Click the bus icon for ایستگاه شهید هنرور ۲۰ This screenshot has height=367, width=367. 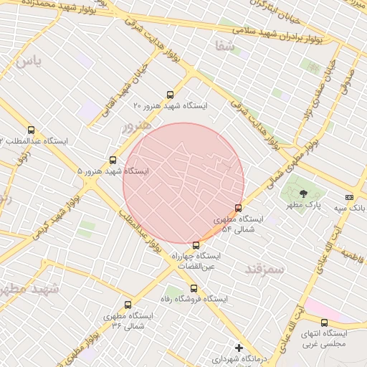[x=170, y=94]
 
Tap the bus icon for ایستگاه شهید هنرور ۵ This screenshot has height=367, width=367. [x=113, y=160]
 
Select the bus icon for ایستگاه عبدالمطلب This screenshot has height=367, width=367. [x=30, y=130]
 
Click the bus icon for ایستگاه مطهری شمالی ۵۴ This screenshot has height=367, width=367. [x=239, y=208]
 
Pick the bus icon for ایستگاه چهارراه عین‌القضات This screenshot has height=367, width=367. [x=196, y=245]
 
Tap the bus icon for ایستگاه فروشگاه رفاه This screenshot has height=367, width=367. [x=194, y=288]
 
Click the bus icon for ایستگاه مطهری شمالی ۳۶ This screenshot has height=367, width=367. [x=128, y=305]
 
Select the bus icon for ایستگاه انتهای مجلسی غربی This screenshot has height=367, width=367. [x=324, y=323]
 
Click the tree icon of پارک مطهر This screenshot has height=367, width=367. [x=302, y=193]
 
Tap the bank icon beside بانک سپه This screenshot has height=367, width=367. [x=349, y=197]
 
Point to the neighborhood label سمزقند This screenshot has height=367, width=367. [x=265, y=269]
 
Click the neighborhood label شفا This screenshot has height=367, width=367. [x=224, y=46]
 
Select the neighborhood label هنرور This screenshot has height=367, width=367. [x=137, y=126]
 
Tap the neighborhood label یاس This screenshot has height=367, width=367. [x=28, y=61]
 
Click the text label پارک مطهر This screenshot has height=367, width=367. [x=301, y=205]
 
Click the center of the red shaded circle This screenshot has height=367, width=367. [x=183, y=183]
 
